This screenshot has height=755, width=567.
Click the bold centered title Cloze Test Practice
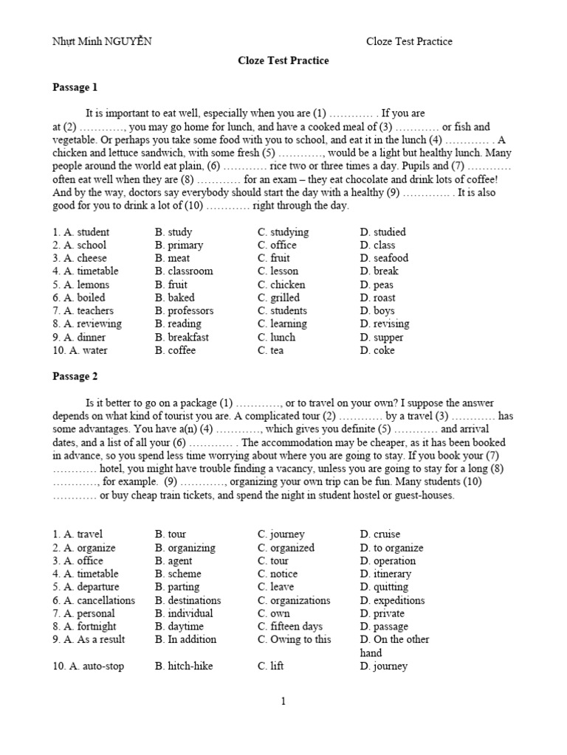coord(283,61)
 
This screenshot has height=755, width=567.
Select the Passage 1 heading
coord(75,88)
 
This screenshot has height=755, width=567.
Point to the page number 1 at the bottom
coord(283,701)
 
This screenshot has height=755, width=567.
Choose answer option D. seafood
coord(384,258)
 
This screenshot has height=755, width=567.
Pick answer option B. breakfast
coord(182,337)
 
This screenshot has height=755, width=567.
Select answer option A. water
coord(80,350)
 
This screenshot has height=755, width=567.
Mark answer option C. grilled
coord(279,298)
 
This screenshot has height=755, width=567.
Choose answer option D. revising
coord(385,324)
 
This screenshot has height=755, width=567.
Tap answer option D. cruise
coord(379,534)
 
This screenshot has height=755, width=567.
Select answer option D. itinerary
coord(385,574)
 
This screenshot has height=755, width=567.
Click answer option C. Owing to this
coord(295,639)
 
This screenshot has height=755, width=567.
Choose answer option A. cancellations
coord(94,600)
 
